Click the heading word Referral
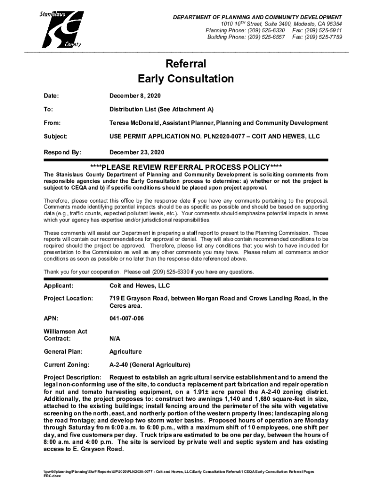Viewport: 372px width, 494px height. click(x=186, y=64)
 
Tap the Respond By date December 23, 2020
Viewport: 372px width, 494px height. click(x=137, y=152)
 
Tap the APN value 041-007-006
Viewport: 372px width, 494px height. click(x=126, y=318)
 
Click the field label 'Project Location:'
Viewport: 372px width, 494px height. click(x=68, y=298)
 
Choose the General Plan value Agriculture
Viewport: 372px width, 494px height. click(x=126, y=352)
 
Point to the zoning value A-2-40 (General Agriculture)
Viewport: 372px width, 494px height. click(x=150, y=364)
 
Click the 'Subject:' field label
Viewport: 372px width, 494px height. click(x=56, y=137)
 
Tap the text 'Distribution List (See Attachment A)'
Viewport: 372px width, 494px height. click(x=161, y=110)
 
